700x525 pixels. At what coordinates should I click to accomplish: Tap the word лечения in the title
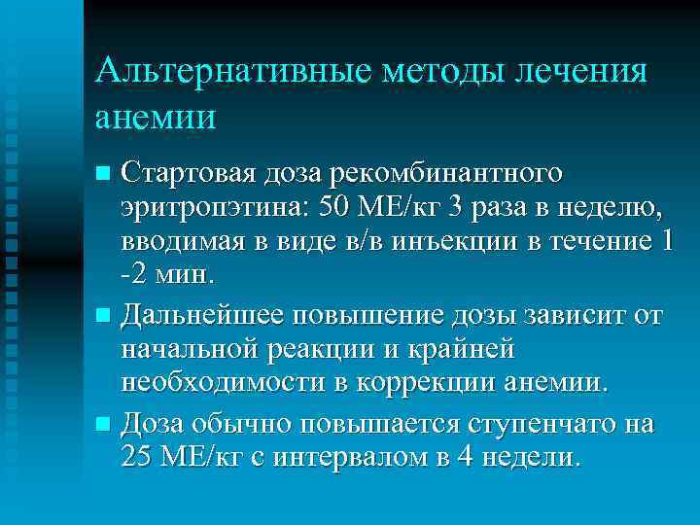pyautogui.click(x=579, y=72)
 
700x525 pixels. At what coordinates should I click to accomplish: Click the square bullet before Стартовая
pyautogui.click(x=103, y=174)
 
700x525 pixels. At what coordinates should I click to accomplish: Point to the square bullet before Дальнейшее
pyautogui.click(x=103, y=315)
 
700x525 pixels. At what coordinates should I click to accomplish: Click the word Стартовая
pyautogui.click(x=191, y=173)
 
